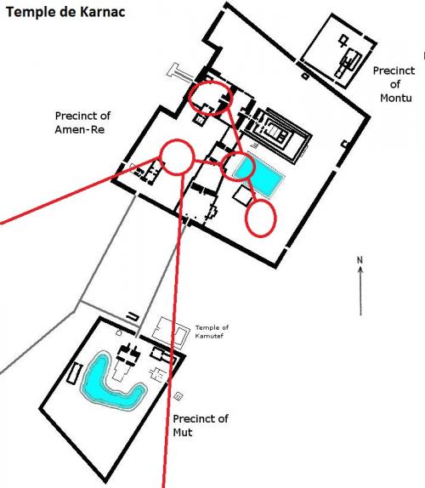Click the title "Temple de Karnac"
pyautogui.click(x=65, y=12)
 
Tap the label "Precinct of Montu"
pyautogui.click(x=394, y=84)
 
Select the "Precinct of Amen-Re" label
pyautogui.click(x=82, y=122)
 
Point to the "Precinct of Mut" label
pyautogui.click(x=201, y=425)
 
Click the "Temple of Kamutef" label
pyautogui.click(x=212, y=332)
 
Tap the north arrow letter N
pyautogui.click(x=360, y=260)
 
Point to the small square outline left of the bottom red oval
pyautogui.click(x=243, y=196)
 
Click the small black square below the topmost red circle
pyautogui.click(x=200, y=120)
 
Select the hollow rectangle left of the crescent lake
pyautogui.click(x=75, y=373)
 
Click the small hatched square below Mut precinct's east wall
pyautogui.click(x=178, y=396)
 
